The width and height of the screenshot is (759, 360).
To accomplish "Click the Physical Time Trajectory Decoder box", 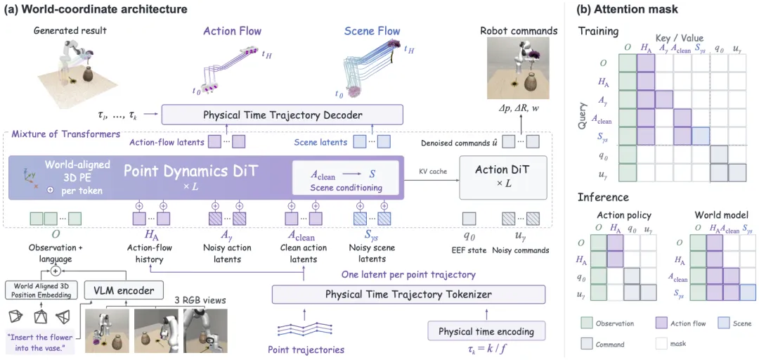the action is coord(282,115).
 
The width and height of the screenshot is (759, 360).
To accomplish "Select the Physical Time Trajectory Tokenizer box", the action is coord(409,294).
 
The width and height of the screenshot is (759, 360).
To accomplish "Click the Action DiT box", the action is coord(502,178).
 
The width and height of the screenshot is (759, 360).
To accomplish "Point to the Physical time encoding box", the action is coord(487,332).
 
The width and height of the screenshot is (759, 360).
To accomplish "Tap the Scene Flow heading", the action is coord(372,32).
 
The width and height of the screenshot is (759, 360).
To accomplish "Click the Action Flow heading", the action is coord(233,32).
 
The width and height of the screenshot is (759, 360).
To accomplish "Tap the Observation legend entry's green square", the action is coord(585,323).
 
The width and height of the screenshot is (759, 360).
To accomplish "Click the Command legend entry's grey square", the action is coord(585,344).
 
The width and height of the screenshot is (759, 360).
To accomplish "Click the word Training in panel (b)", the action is coord(599,32).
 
